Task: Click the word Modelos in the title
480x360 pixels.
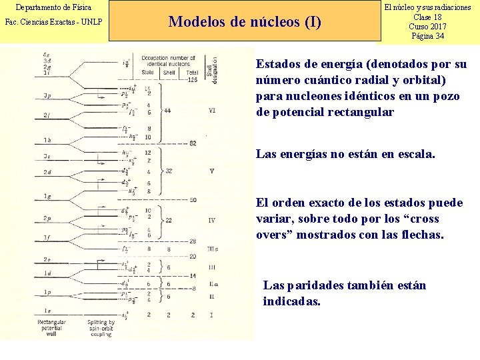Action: point(195,22)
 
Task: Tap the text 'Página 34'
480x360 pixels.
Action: point(428,36)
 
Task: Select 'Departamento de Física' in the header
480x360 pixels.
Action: point(53,7)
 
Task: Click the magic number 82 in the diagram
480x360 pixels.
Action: point(193,143)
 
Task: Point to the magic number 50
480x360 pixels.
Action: point(193,200)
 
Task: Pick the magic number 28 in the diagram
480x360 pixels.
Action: point(193,241)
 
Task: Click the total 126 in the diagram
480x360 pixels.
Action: point(192,80)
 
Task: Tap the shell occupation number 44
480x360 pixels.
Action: point(167,110)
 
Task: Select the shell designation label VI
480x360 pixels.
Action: point(212,110)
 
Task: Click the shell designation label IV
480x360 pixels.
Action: point(211,220)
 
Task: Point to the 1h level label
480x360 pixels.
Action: point(47,140)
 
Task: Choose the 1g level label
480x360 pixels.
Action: point(47,196)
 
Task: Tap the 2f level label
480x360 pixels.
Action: point(47,115)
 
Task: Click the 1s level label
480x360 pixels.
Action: point(47,311)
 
